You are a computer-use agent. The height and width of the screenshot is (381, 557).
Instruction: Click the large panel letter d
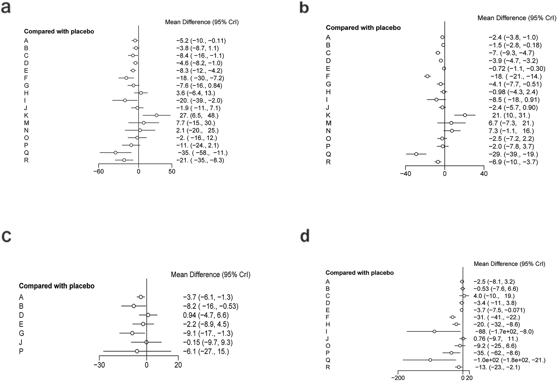[x=305, y=236]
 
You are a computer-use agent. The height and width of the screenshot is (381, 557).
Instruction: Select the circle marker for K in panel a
[x=156, y=115]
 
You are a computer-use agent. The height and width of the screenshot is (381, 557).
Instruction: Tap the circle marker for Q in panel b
[x=416, y=154]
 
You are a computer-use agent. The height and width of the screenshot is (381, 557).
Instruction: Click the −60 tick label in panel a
[x=98, y=172]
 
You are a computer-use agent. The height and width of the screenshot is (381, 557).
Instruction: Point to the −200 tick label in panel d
[x=398, y=378]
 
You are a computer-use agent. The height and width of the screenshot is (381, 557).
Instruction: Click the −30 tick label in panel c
[x=99, y=365]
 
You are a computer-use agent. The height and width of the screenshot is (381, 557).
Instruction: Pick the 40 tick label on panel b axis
[x=484, y=174]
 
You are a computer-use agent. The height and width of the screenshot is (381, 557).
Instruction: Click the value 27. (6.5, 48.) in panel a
[x=199, y=115]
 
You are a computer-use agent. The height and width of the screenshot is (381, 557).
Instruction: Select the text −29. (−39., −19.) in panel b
[x=513, y=154]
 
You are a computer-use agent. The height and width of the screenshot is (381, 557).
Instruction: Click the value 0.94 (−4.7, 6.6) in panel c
[x=206, y=315]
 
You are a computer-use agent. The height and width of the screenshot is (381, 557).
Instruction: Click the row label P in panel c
[x=21, y=351]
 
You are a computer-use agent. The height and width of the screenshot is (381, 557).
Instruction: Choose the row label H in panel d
[x=328, y=324]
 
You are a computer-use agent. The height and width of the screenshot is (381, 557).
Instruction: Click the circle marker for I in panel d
[x=434, y=331]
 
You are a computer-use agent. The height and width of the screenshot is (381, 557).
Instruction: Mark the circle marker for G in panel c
[x=132, y=333]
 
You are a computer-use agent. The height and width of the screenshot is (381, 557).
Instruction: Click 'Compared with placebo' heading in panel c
[x=57, y=286]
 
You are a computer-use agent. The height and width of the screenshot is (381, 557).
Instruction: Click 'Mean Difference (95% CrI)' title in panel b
[x=517, y=18]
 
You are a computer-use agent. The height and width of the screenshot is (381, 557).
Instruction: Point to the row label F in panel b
[x=328, y=76]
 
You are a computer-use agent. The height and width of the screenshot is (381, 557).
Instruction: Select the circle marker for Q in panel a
[x=115, y=153]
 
